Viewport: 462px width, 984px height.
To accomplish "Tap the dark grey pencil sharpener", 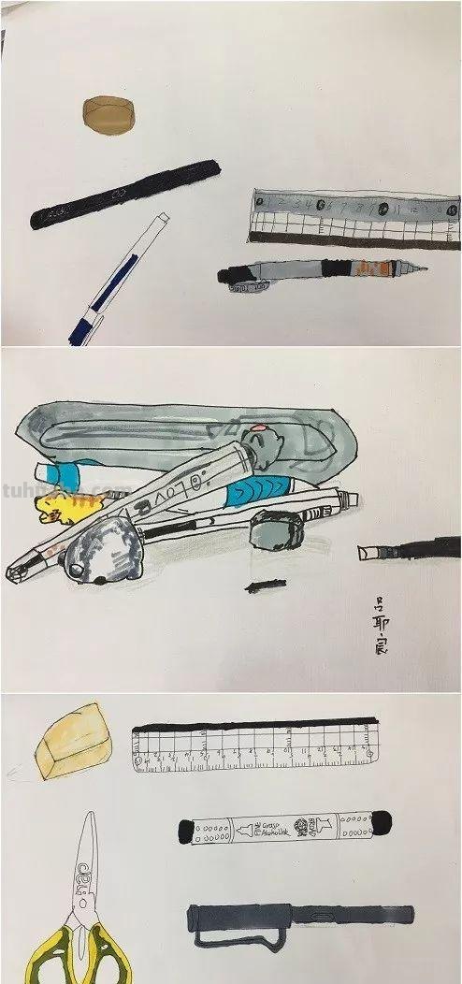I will click(275, 533).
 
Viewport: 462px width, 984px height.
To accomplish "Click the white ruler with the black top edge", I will click(255, 746).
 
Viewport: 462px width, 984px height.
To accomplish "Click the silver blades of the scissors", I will click(85, 861).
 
